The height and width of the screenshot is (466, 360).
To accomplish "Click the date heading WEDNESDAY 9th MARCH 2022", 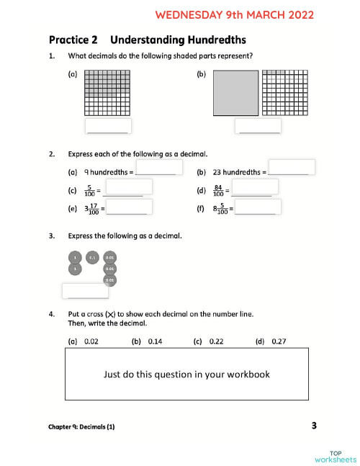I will pos(235,14).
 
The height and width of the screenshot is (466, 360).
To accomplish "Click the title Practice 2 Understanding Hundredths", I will pos(147,40).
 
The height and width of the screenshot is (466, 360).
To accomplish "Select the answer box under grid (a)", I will pos(108,125).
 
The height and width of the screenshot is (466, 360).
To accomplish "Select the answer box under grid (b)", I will pos(258,125).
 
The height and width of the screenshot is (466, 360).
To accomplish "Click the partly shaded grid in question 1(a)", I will pos(108,92).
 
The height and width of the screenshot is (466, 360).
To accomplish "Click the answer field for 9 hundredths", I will pos(156,167).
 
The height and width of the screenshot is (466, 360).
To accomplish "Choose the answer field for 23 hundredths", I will pos(292,167).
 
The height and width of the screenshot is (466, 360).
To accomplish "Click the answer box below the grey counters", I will pos(85,291).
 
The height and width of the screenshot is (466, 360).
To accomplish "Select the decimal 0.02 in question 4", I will pos(91,341).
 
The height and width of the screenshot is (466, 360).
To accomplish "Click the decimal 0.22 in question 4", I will pos(216,341).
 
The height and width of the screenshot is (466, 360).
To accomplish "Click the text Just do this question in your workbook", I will pos(186,375).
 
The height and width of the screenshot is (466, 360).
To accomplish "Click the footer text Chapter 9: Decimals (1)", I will pos(81,427).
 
